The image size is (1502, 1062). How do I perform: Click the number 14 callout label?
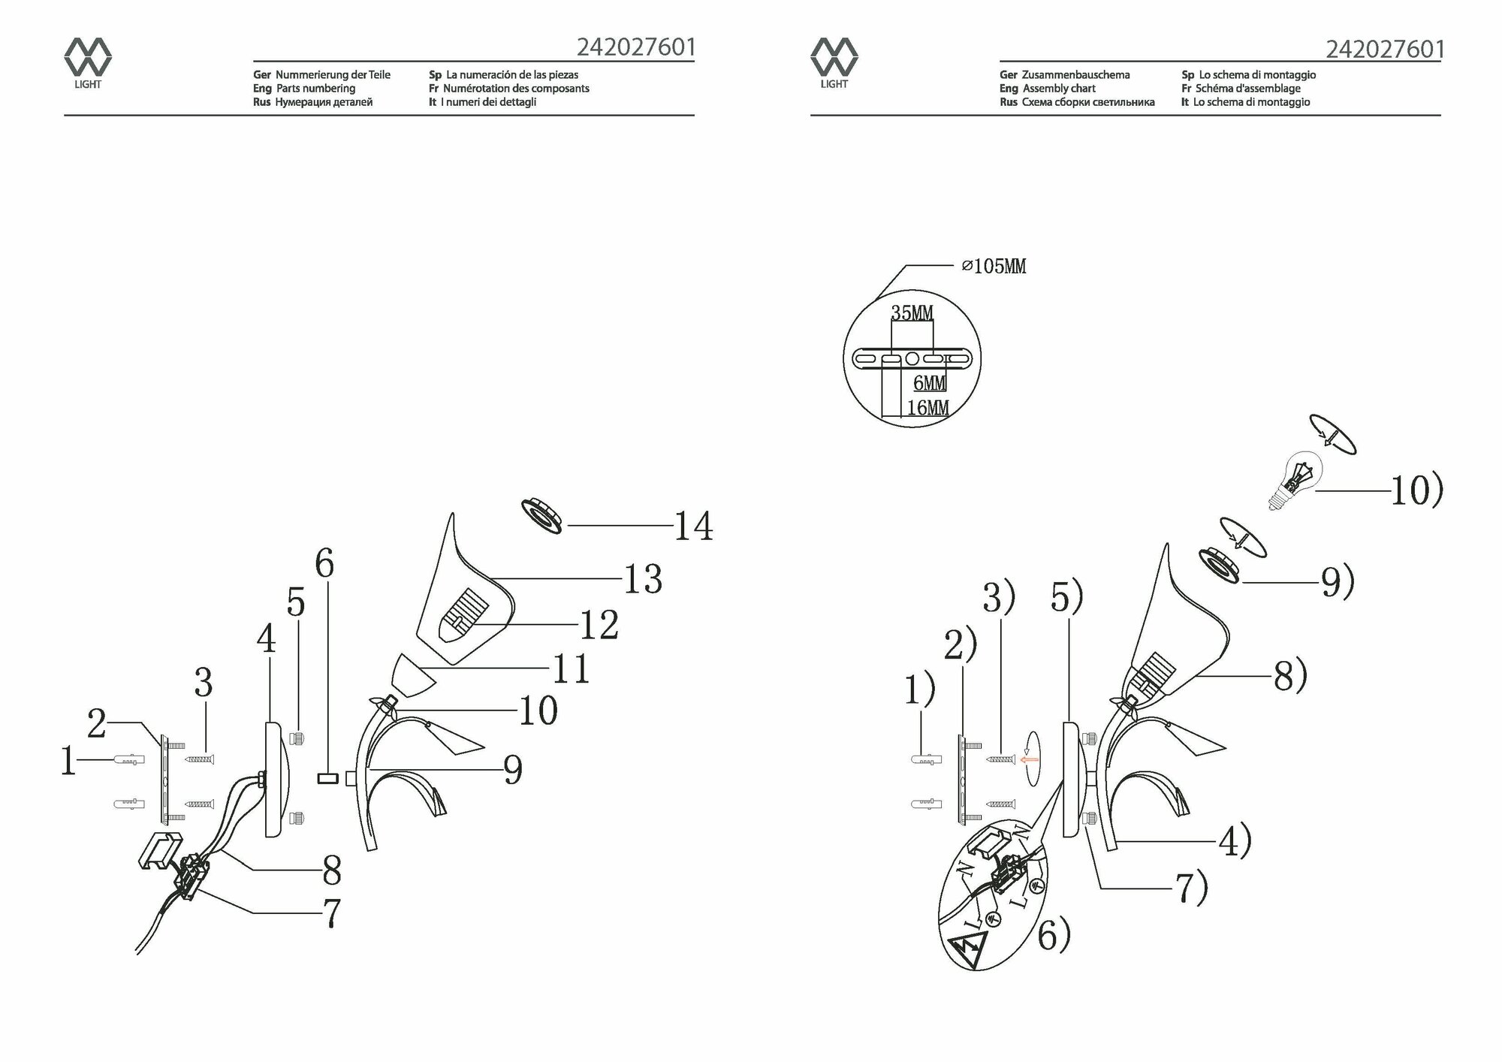tap(693, 526)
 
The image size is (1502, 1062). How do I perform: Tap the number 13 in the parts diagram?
tap(643, 579)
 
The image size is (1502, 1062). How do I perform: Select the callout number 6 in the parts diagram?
tap(324, 563)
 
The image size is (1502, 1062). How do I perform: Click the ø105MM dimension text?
tap(994, 266)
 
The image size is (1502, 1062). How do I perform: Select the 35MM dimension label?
tap(912, 312)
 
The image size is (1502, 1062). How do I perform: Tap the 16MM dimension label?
tap(927, 408)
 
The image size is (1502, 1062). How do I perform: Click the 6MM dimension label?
tap(929, 383)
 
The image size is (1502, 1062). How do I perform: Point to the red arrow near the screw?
tap(1029, 760)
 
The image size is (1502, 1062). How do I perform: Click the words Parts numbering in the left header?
tap(315, 89)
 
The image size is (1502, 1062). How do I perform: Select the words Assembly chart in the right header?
tap(1059, 89)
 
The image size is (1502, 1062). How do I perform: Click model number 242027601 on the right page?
tap(1384, 50)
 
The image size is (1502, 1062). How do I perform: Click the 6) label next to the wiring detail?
tap(1054, 936)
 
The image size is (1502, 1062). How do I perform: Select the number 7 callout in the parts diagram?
tap(331, 913)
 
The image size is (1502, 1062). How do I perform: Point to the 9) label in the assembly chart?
tap(1338, 581)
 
